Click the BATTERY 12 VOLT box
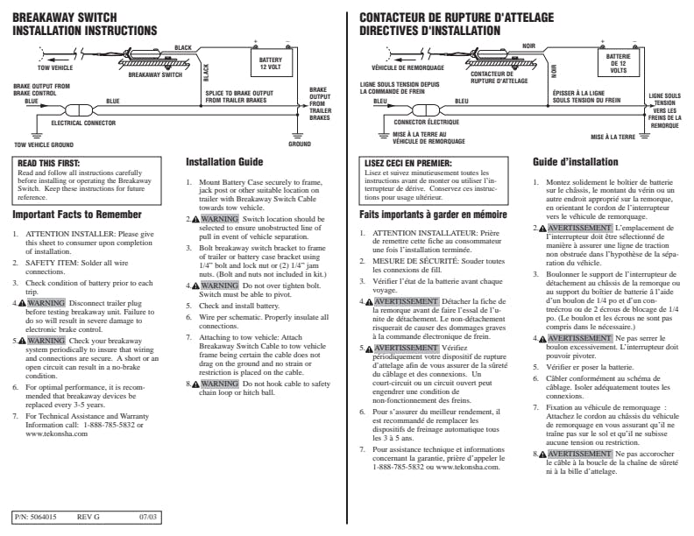[x=270, y=64]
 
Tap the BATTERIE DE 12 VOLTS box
[x=618, y=64]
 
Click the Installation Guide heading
[x=224, y=162]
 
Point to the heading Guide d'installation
[x=576, y=162]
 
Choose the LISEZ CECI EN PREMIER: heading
[x=407, y=163]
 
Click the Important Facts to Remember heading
[x=77, y=215]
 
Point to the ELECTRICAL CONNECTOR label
[x=83, y=123]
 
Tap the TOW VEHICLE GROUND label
[x=44, y=145]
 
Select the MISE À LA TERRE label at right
[x=613, y=137]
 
